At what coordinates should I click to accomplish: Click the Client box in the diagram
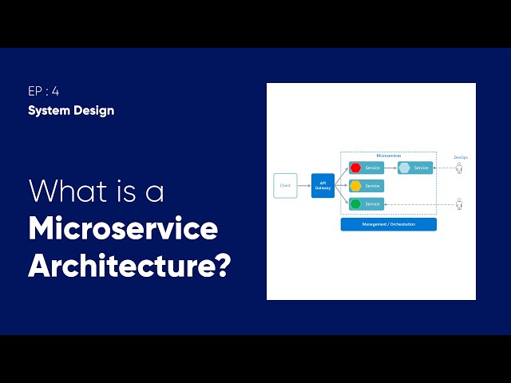click(285, 185)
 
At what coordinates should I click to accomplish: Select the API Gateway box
click(323, 185)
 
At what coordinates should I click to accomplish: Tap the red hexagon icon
click(356, 168)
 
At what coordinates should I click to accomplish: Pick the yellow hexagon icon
click(356, 186)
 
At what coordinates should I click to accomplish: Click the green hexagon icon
click(356, 204)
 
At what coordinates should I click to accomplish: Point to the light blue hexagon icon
click(405, 168)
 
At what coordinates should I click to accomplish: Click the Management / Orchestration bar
click(388, 224)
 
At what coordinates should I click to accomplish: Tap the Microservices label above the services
click(388, 156)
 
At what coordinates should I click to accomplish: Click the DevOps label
click(461, 157)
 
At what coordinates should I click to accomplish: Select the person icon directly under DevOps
click(459, 168)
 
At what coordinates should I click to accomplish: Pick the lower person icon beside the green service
click(459, 204)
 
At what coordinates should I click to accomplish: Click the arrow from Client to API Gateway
click(303, 185)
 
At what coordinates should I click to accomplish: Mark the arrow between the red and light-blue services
click(390, 168)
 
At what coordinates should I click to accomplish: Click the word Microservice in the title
click(123, 229)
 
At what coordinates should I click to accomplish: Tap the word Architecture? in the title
click(129, 266)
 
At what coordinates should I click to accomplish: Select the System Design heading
click(71, 110)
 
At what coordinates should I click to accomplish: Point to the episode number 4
click(55, 91)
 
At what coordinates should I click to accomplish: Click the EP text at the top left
click(36, 91)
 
